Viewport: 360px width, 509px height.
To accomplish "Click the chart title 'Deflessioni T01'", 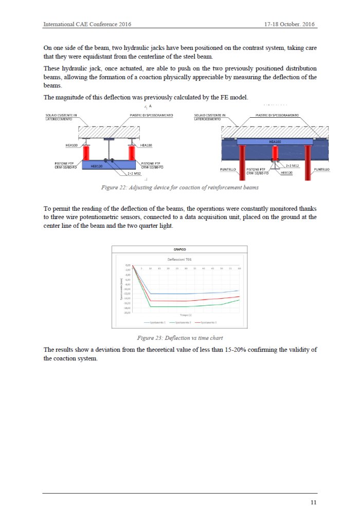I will point(179,260).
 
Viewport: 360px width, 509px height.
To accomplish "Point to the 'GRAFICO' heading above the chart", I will point(179,249).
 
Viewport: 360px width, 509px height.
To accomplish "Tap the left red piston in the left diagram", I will point(86,153).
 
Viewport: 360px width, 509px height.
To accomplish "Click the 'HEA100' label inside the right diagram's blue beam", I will point(275,142).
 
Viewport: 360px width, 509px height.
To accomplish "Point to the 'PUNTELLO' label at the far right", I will point(322,169).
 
